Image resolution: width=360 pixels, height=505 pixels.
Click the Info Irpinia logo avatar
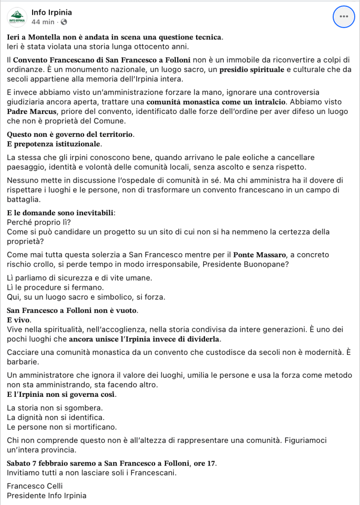pyautogui.click(x=17, y=17)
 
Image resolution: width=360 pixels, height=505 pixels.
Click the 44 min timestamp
pyautogui.click(x=42, y=22)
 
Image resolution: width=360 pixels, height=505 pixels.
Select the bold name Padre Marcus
pyautogui.click(x=28, y=111)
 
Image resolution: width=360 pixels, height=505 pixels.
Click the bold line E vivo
pyautogui.click(x=16, y=320)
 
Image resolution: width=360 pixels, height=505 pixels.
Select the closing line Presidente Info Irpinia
pyautogui.click(x=46, y=496)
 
